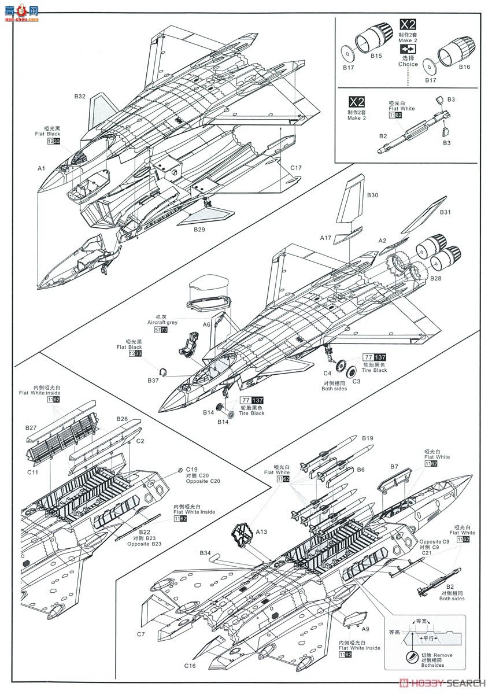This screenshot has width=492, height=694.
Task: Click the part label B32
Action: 80,97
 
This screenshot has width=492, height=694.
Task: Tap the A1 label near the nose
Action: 42,168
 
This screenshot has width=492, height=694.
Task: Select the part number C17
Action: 296,168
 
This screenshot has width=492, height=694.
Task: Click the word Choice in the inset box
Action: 408,64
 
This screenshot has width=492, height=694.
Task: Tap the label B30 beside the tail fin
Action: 372,196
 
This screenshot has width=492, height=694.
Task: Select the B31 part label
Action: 445,213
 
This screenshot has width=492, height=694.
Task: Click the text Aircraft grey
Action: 162,322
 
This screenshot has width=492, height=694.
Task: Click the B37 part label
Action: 153,381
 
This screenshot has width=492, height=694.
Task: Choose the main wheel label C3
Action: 357,381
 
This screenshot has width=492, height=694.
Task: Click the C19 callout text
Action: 192,469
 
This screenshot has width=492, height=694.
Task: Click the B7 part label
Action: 394,466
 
